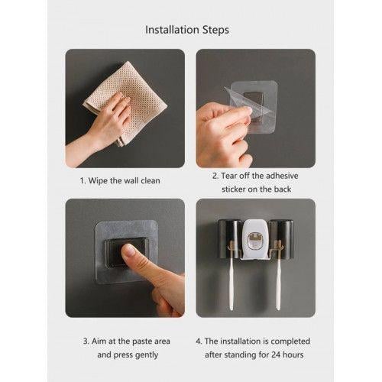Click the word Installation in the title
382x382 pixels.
172,30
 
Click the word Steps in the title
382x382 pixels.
215,31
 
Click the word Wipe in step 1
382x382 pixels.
98,180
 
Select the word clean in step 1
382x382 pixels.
151,180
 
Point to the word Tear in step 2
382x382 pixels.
228,176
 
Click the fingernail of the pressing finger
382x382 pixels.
129,251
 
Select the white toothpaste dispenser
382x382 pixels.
255,239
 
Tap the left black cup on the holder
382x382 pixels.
229,238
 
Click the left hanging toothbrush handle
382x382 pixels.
231,284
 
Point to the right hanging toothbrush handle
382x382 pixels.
279,284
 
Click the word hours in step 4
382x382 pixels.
293,354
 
